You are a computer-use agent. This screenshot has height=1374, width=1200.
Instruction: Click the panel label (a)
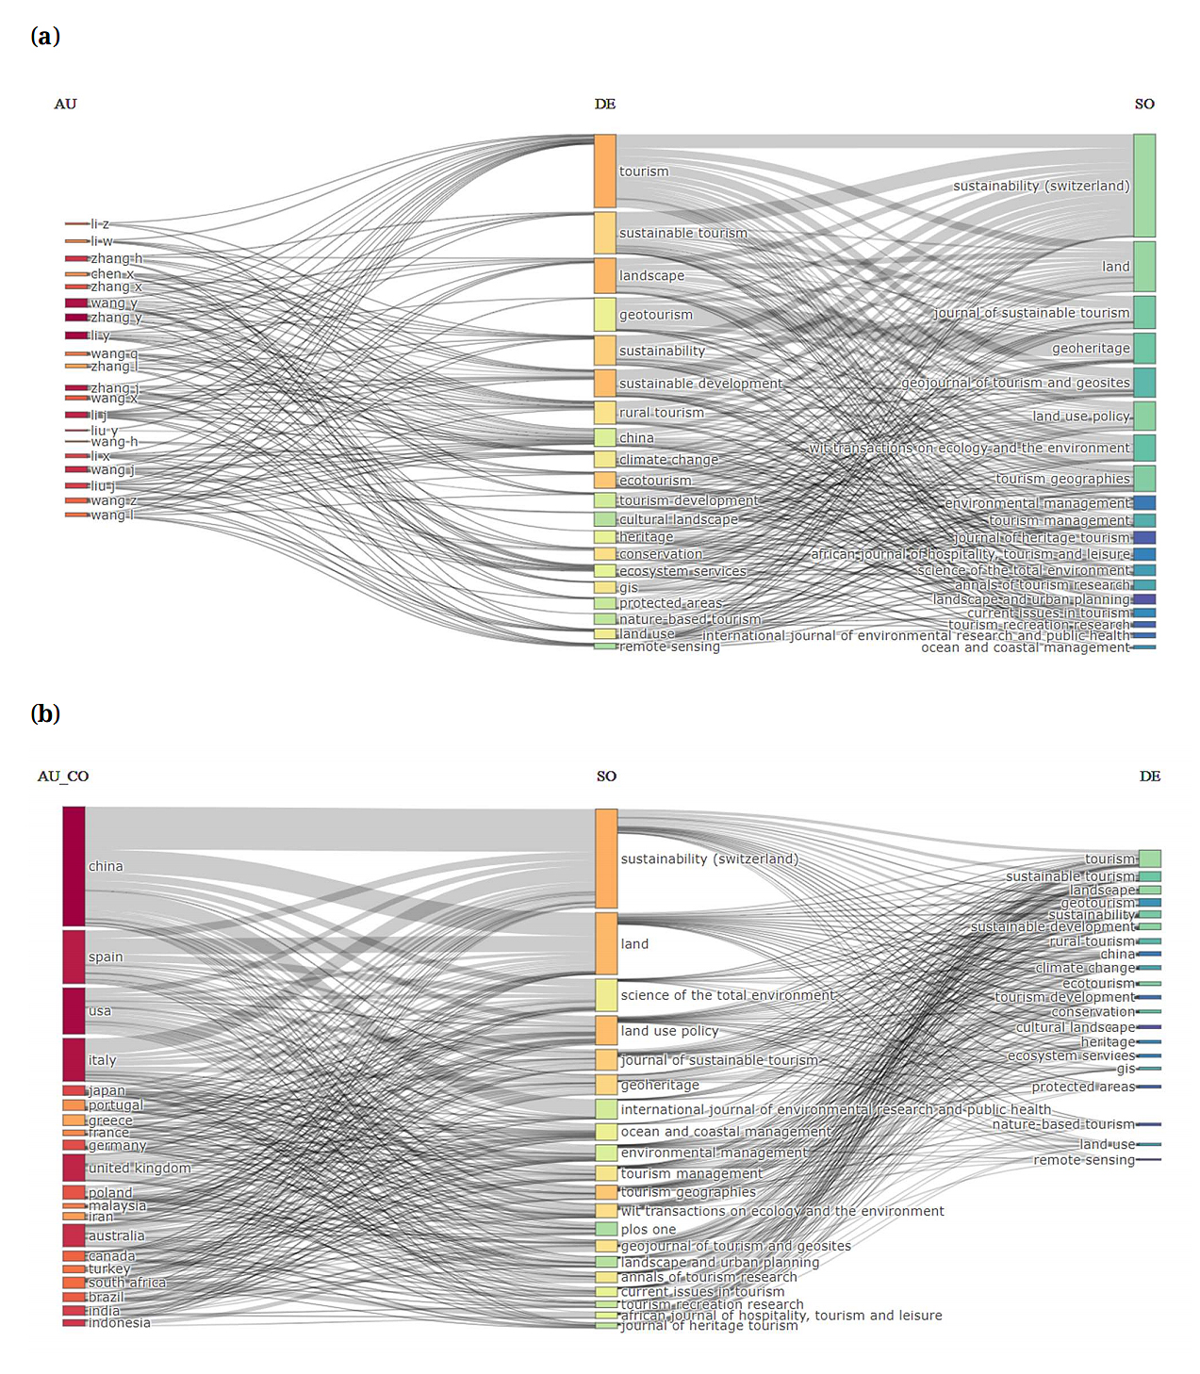[45, 37]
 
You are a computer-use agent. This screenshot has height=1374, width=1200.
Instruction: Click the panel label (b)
[45, 713]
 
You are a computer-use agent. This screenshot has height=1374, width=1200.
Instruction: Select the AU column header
[65, 104]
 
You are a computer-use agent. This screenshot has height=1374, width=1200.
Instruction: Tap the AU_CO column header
[63, 777]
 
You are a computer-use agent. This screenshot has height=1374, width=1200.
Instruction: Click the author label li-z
[100, 224]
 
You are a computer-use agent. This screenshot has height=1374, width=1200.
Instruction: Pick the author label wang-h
[114, 442]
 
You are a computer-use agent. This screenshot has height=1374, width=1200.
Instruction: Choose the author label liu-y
[104, 431]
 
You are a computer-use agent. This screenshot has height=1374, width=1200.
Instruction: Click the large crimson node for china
[74, 866]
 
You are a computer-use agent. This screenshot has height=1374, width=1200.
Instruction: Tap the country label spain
[106, 957]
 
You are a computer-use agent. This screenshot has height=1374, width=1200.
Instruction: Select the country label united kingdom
[140, 1168]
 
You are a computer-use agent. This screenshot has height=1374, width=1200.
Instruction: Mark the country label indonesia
[119, 1323]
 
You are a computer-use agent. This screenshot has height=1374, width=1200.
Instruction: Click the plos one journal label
[649, 1229]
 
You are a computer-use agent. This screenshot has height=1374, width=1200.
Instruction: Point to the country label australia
[117, 1235]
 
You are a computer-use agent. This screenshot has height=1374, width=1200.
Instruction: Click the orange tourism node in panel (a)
[604, 172]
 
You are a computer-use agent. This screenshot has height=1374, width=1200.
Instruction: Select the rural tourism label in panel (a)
[662, 413]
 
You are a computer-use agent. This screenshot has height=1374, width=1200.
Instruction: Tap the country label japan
[107, 1090]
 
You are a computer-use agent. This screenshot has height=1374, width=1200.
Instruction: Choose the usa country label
[100, 1011]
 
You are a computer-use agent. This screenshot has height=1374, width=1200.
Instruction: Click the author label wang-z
[114, 500]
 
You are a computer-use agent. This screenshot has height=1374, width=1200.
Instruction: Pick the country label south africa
[127, 1283]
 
